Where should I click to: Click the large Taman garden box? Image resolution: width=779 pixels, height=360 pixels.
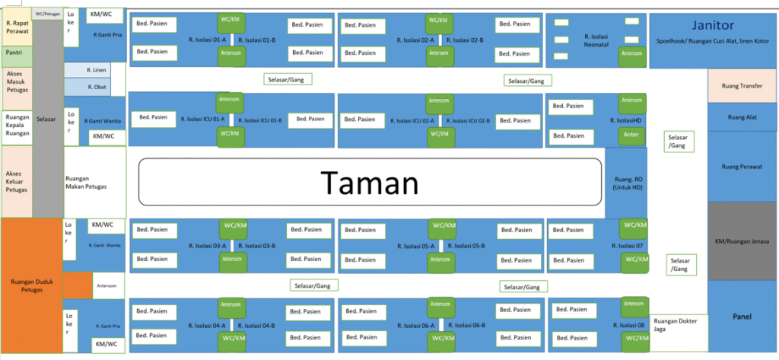[x=369, y=183]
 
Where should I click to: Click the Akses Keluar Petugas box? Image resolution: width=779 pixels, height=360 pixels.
[x=17, y=180]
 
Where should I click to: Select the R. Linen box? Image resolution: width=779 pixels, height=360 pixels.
[x=95, y=70]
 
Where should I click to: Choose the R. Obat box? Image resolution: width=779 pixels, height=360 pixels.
[x=95, y=88]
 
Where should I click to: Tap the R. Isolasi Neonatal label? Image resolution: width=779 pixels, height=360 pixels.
[x=599, y=40]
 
